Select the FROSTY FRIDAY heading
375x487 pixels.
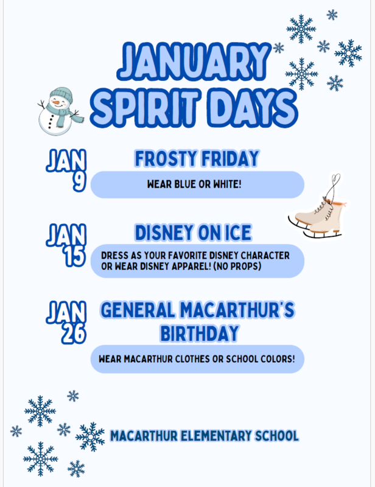pyautogui.click(x=196, y=159)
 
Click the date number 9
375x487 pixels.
pyautogui.click(x=77, y=182)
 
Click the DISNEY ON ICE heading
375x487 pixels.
pyautogui.click(x=193, y=233)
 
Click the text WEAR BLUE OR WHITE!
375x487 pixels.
pyautogui.click(x=194, y=184)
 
